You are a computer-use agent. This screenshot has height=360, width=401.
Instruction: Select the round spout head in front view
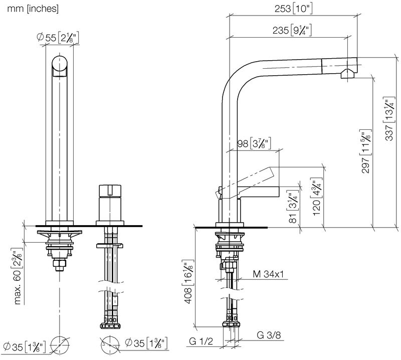click(x=60, y=66)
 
